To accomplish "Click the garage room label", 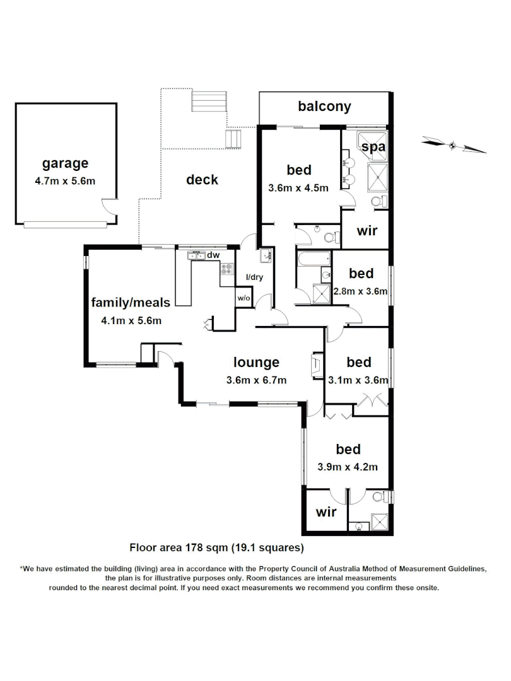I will [x=65, y=164].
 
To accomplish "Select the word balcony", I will [x=324, y=106].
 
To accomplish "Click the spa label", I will [x=373, y=146].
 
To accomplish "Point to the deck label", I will [x=202, y=180].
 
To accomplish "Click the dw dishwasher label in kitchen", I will [x=213, y=255].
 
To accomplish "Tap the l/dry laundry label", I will [x=254, y=277].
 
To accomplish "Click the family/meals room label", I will [x=131, y=303].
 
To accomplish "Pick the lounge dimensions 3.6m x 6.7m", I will [x=256, y=380].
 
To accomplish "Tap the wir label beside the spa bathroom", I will [x=367, y=231].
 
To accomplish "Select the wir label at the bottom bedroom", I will [x=326, y=511].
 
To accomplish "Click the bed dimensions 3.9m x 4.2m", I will [x=348, y=467].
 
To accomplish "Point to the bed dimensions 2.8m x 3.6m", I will [x=361, y=291].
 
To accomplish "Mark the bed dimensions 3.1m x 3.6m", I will [x=358, y=380].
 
